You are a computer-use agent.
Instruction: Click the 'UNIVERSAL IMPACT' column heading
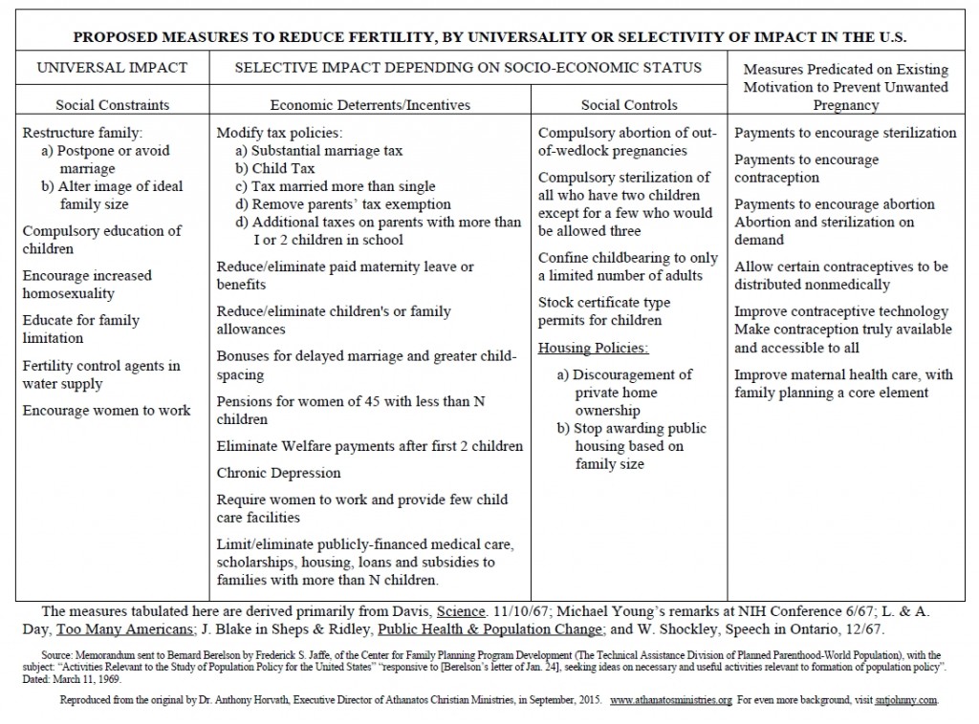pyautogui.click(x=112, y=68)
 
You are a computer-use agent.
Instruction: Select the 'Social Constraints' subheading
pyautogui.click(x=112, y=105)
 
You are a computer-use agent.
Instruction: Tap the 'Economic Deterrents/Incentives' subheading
pyautogui.click(x=369, y=105)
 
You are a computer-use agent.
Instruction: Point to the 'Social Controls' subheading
pyautogui.click(x=629, y=105)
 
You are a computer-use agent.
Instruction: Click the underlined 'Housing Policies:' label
pyautogui.click(x=593, y=348)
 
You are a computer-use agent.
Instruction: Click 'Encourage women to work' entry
pyautogui.click(x=107, y=411)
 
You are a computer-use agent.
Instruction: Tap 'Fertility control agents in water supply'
pyautogui.click(x=101, y=375)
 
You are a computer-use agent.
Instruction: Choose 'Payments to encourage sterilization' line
pyautogui.click(x=845, y=133)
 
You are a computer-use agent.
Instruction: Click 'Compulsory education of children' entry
pyautogui.click(x=101, y=240)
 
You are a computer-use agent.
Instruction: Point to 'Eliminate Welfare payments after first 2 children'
pyautogui.click(x=370, y=446)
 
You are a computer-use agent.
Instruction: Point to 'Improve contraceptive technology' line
pyautogui.click(x=841, y=311)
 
